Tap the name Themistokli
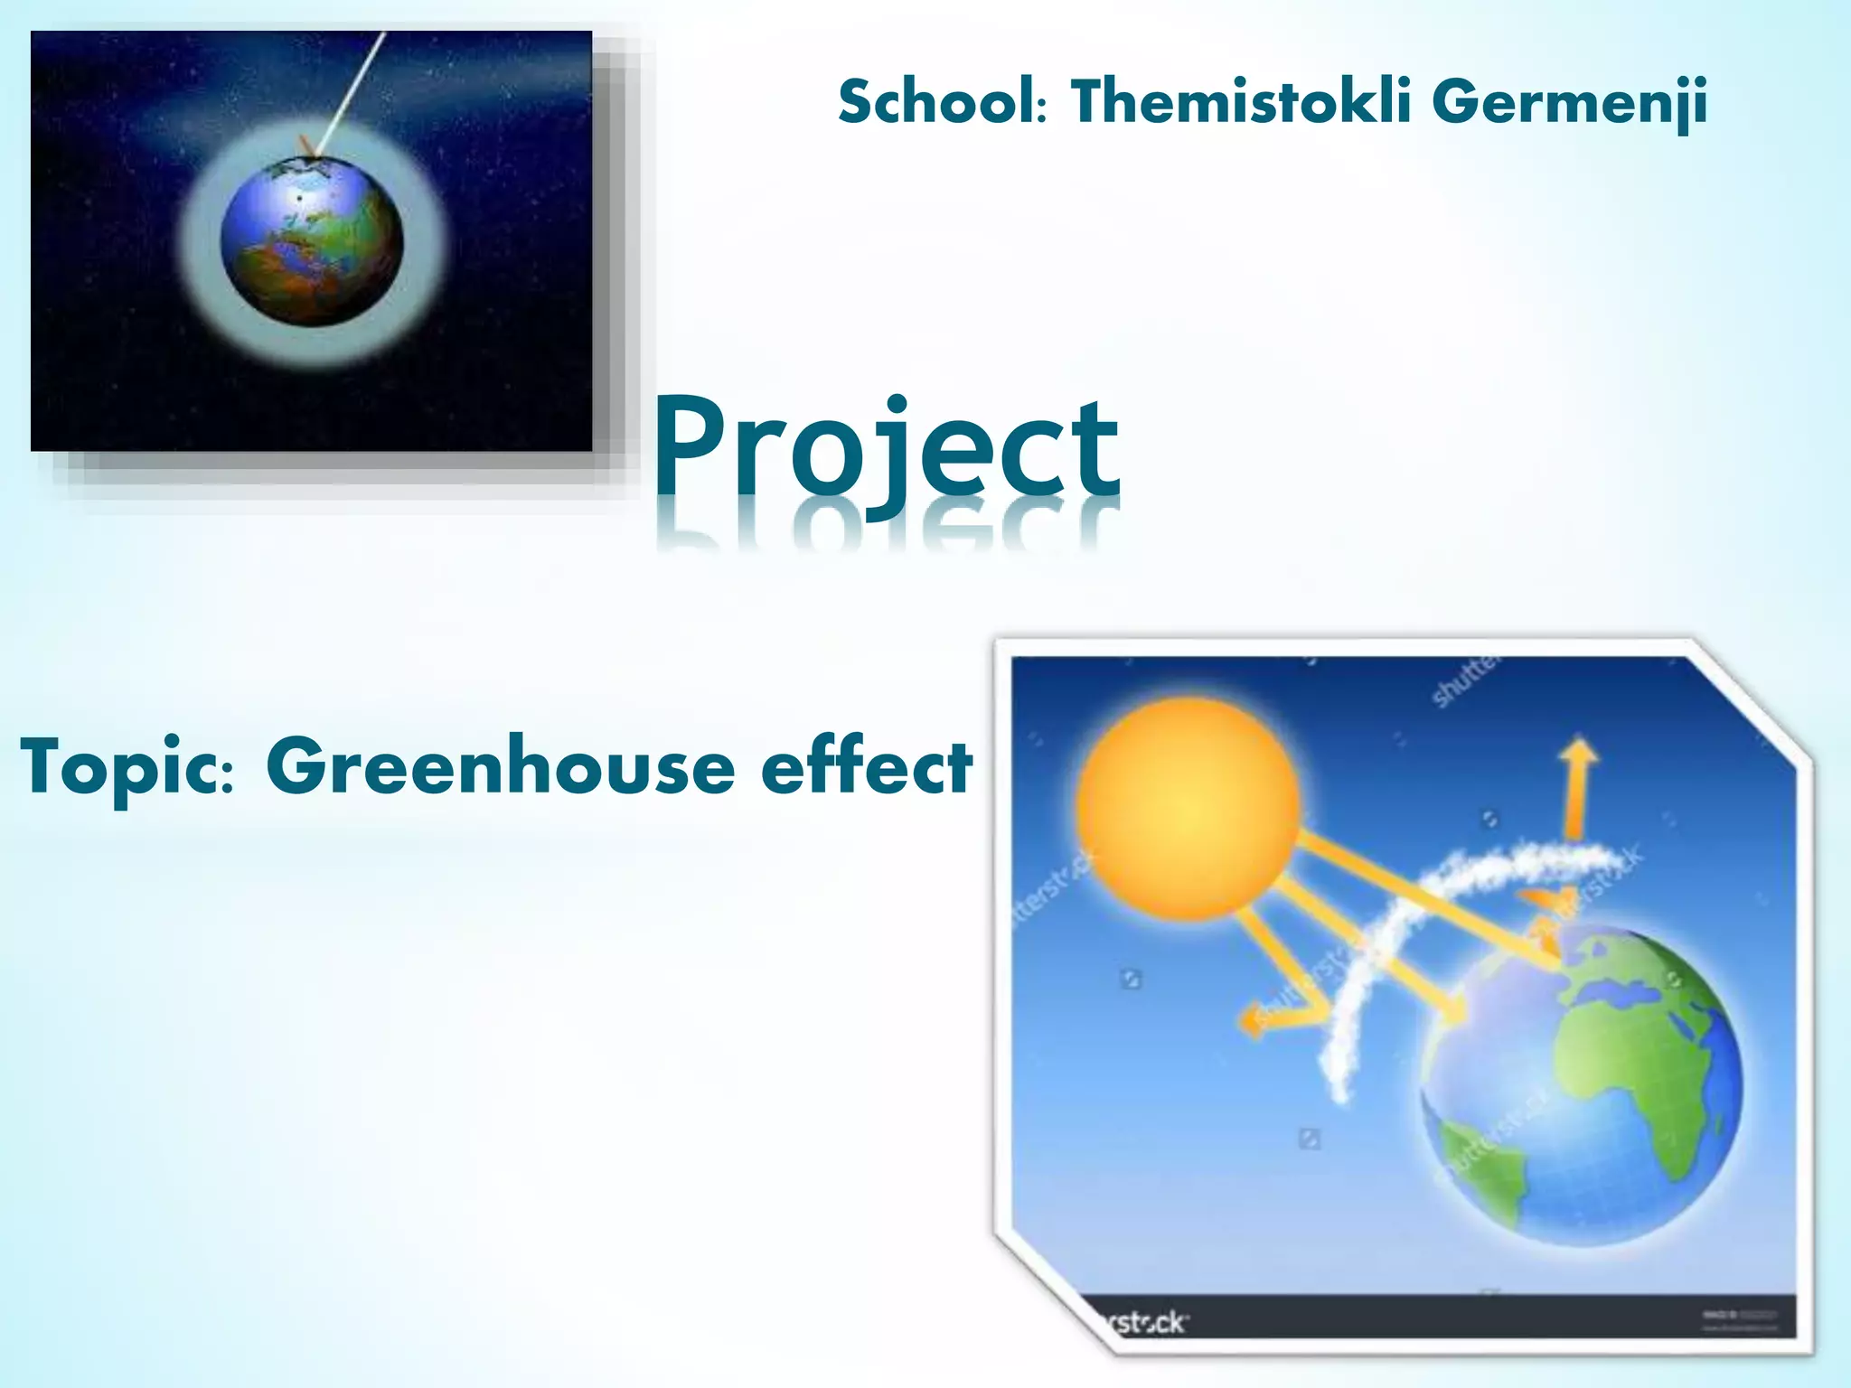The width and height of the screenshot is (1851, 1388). [x=1240, y=101]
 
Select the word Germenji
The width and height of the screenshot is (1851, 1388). [x=1569, y=103]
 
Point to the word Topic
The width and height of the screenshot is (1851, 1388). [x=127, y=768]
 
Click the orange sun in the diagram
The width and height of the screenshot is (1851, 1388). [x=1188, y=810]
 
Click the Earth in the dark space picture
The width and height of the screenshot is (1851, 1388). [x=311, y=242]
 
